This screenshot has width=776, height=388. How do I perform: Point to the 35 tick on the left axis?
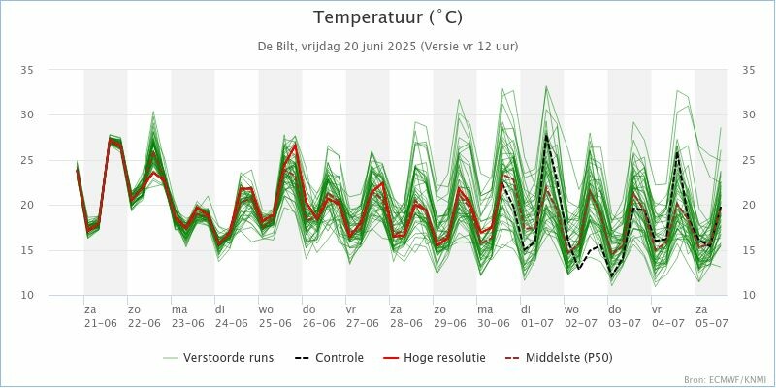click(27, 70)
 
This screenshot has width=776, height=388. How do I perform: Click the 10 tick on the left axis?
click(27, 295)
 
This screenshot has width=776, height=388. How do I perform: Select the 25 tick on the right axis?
click(749, 160)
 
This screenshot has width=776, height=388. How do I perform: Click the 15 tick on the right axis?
click(749, 250)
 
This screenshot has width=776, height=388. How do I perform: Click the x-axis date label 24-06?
click(231, 322)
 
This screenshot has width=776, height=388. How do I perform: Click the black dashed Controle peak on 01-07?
click(546, 136)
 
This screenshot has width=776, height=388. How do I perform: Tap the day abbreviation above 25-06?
click(266, 309)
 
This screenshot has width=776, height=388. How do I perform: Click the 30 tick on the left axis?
click(27, 114)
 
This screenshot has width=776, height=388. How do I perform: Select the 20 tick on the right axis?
click(749, 205)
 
